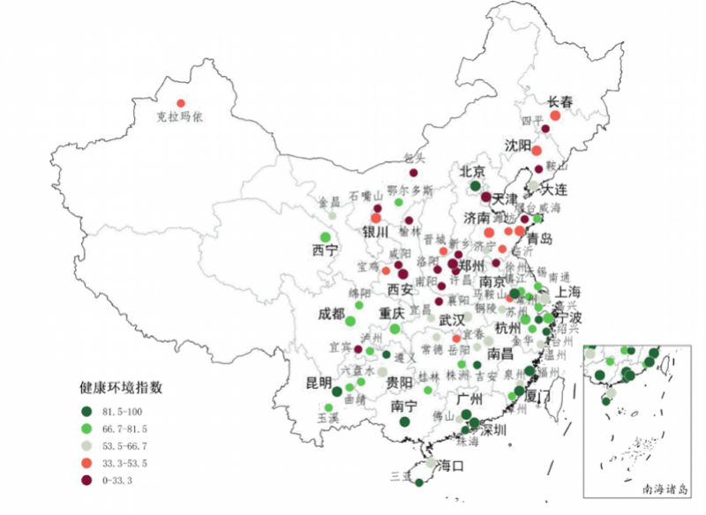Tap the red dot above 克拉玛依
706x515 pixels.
(x=181, y=103)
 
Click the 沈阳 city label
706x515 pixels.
(x=519, y=145)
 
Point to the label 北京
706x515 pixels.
(x=473, y=171)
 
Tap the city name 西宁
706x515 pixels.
(x=325, y=250)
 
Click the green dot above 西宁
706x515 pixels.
(x=325, y=237)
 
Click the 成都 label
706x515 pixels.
(x=332, y=314)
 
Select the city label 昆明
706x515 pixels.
(x=319, y=383)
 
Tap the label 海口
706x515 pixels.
(x=451, y=466)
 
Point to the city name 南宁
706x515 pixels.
(x=402, y=407)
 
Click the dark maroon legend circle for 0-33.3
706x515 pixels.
(x=87, y=480)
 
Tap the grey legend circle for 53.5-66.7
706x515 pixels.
(x=87, y=445)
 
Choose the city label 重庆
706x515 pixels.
(x=391, y=313)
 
